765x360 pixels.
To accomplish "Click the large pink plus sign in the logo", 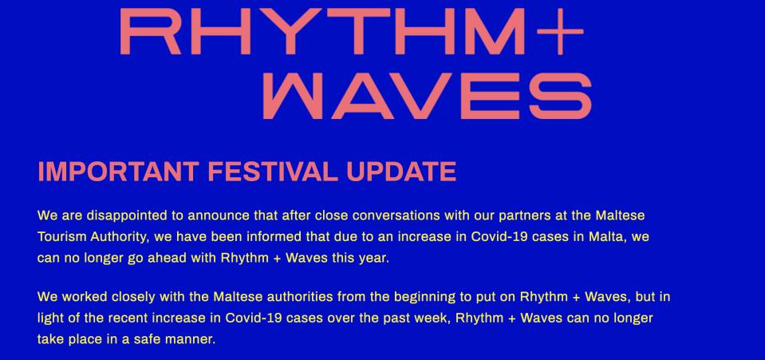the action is (560, 32).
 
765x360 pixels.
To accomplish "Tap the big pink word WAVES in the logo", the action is (427, 96).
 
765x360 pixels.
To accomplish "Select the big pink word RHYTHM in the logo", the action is (322, 32).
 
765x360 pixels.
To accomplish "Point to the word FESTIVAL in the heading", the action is (273, 172).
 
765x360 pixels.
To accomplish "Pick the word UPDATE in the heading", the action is (401, 172).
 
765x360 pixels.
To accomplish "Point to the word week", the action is (436, 318).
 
